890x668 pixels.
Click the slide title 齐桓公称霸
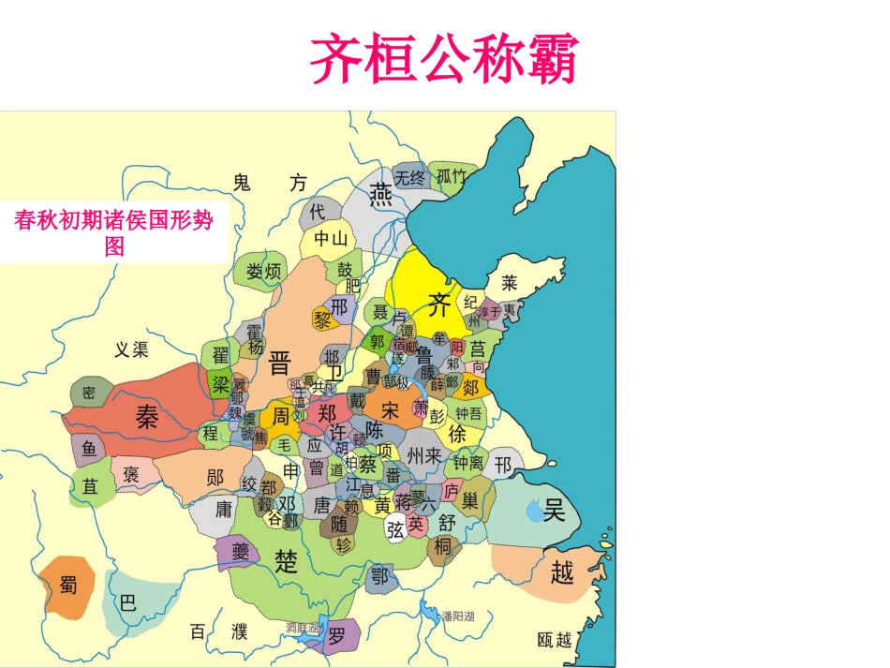pyautogui.click(x=444, y=59)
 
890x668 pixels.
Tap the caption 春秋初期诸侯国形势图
pyautogui.click(x=113, y=233)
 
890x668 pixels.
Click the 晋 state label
pyautogui.click(x=279, y=363)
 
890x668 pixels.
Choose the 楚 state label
pyautogui.click(x=286, y=560)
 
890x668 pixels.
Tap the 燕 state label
pyautogui.click(x=380, y=194)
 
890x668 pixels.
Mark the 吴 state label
pyautogui.click(x=555, y=510)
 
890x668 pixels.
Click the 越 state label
pyautogui.click(x=561, y=572)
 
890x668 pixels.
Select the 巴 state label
pyautogui.click(x=127, y=601)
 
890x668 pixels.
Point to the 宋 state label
pyautogui.click(x=392, y=410)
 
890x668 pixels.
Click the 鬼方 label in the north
pyautogui.click(x=269, y=183)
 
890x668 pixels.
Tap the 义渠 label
pyautogui.click(x=131, y=349)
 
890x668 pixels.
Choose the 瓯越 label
pyautogui.click(x=555, y=640)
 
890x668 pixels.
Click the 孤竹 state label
pyautogui.click(x=452, y=176)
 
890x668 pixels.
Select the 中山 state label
pyautogui.click(x=331, y=239)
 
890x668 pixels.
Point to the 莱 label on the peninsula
pyautogui.click(x=509, y=282)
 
